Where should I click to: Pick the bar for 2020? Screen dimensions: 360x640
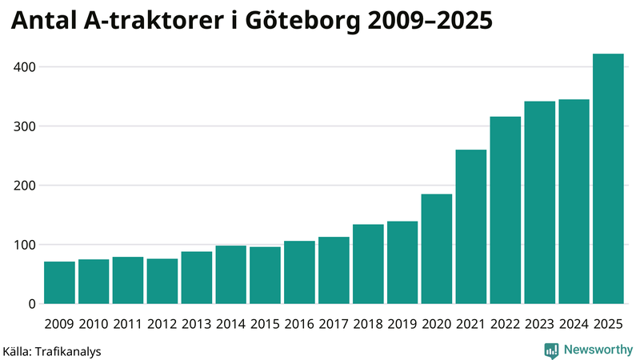coord(437,249)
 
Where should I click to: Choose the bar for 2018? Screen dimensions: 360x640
coord(368,264)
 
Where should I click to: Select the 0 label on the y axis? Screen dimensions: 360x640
coord(31,304)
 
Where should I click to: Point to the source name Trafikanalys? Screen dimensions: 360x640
coord(69,350)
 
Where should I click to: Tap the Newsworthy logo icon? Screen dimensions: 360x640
coord(551,350)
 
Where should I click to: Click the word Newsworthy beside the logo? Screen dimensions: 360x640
coord(598,350)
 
